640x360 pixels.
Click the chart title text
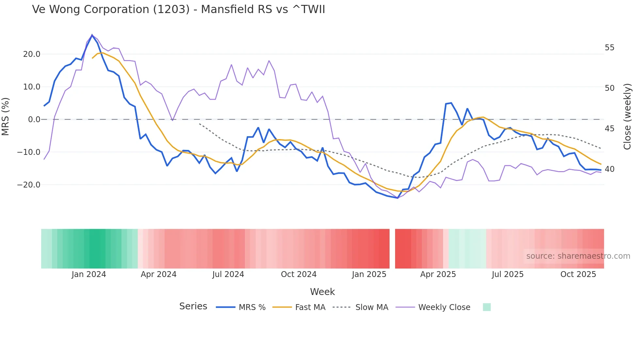click(x=178, y=9)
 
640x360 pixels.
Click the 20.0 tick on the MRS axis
click(x=32, y=54)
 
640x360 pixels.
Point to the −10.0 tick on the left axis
click(x=29, y=152)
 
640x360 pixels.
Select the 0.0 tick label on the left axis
click(x=34, y=120)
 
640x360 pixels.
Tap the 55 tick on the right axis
click(x=609, y=48)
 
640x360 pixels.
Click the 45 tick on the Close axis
click(x=609, y=129)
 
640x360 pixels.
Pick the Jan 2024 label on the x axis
click(x=89, y=274)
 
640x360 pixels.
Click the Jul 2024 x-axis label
click(x=228, y=274)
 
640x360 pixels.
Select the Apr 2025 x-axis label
click(x=438, y=274)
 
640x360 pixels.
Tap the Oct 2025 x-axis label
click(x=578, y=274)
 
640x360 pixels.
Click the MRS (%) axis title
click(x=6, y=117)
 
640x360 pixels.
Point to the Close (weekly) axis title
click(x=627, y=117)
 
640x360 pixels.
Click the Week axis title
click(x=322, y=292)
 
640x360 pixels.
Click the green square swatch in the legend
click(x=487, y=307)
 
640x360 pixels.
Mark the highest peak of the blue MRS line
click(x=92, y=35)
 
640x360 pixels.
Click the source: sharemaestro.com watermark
click(x=578, y=256)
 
